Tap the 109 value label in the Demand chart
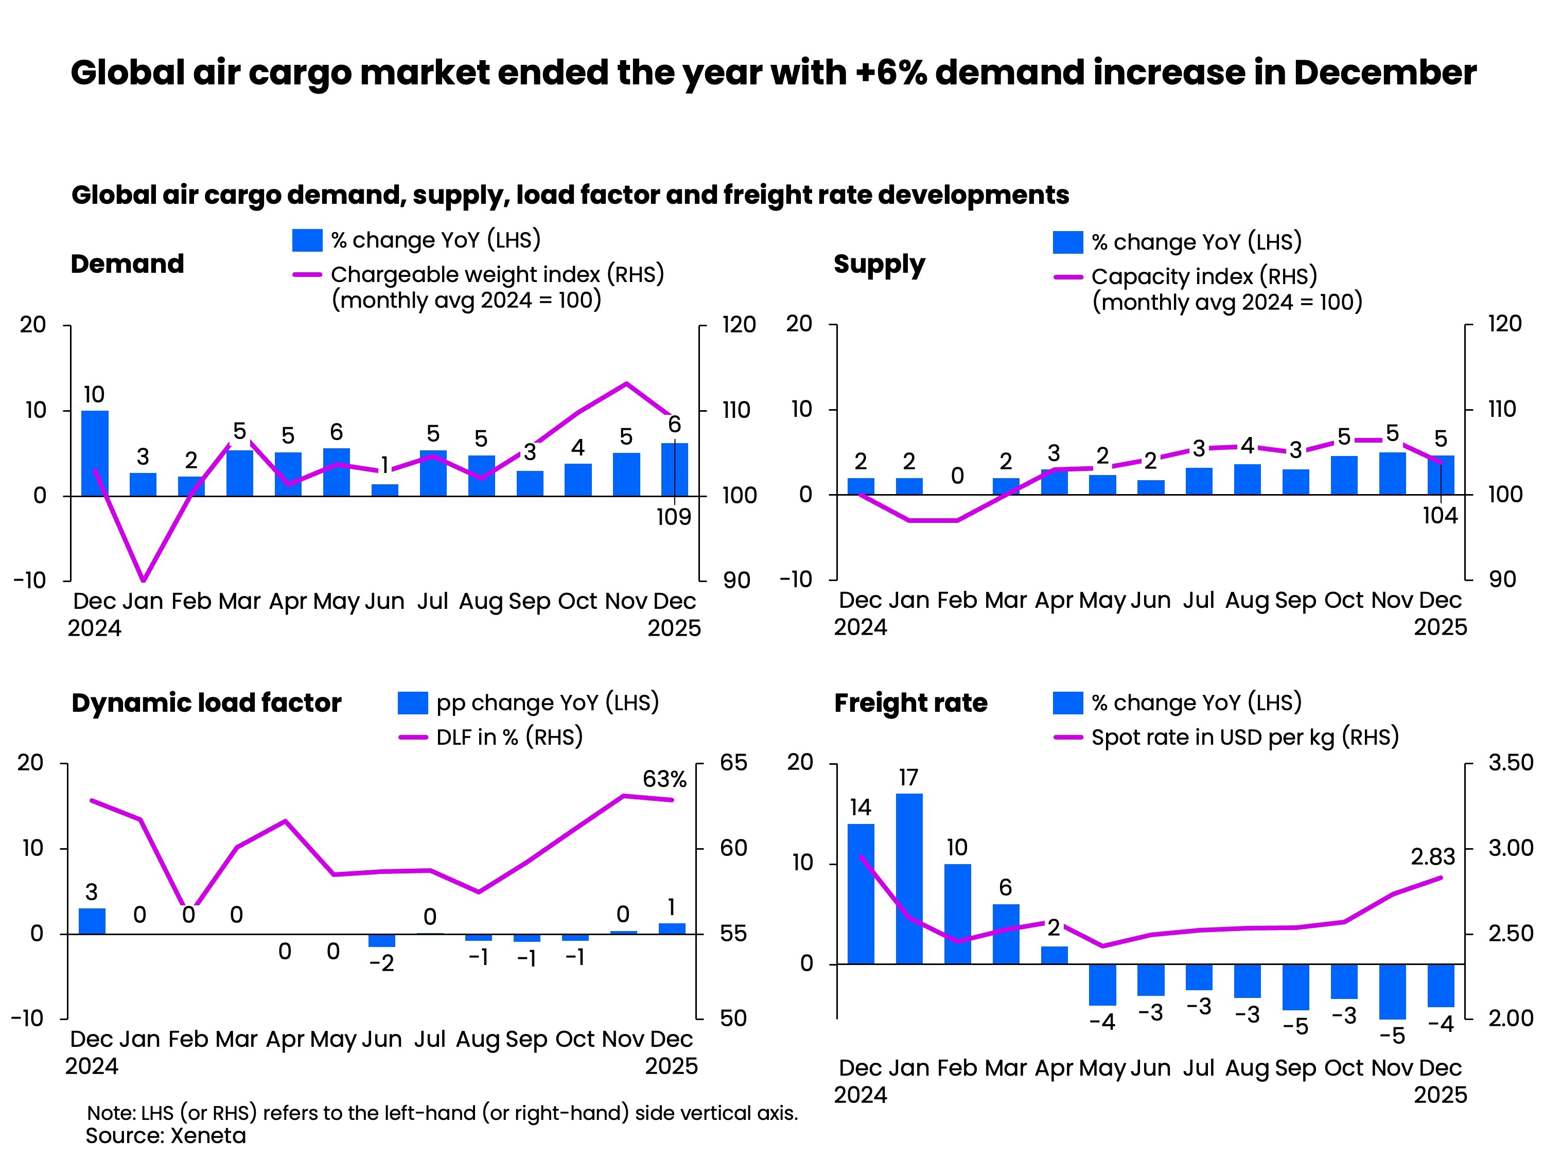point(674,517)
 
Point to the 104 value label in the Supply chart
point(1440,516)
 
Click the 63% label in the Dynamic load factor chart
point(664,779)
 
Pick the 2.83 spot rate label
point(1432,856)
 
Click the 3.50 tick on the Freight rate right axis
point(1511,762)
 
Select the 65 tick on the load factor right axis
point(733,762)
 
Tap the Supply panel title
point(879,265)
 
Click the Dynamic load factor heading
point(206,703)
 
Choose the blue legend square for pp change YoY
point(413,703)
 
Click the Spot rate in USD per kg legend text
point(1244,737)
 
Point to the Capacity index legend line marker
point(1067,277)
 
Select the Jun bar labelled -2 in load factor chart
point(382,940)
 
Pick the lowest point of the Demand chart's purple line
point(143,580)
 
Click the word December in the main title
point(1385,73)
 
